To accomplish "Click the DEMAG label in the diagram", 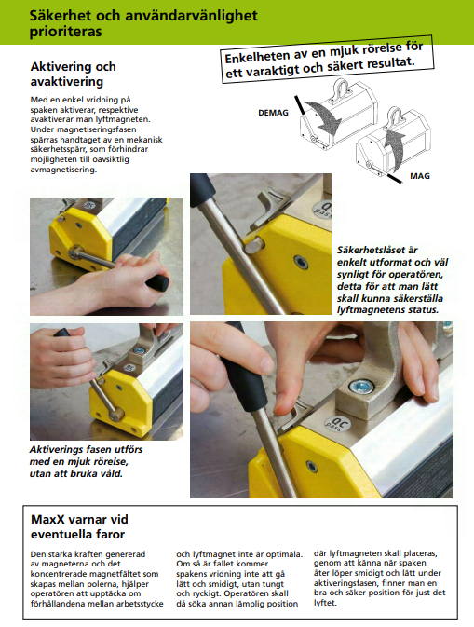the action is tap(273, 113).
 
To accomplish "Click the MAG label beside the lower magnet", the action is tap(420, 176).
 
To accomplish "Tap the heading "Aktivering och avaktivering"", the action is tap(74, 74).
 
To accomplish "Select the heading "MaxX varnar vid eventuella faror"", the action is tap(79, 526).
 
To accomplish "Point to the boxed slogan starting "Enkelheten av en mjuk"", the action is tap(327, 59).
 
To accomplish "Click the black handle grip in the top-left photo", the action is tap(156, 282).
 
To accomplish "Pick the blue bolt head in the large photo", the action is tap(361, 387).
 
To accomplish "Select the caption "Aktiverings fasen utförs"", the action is tap(86, 449).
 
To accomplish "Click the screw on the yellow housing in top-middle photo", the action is tap(302, 263).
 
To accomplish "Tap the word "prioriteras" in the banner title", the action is tap(65, 32).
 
